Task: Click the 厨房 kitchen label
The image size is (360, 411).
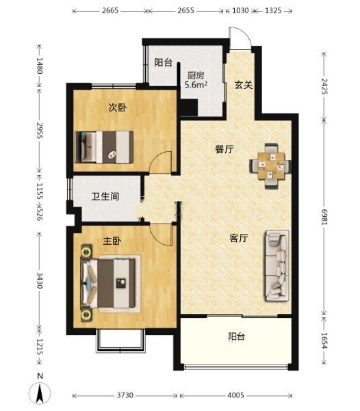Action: (196, 75)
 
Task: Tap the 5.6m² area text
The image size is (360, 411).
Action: (196, 85)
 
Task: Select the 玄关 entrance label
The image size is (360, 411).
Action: (244, 85)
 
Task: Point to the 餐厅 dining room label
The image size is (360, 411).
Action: (224, 149)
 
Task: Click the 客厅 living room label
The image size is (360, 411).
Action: (238, 238)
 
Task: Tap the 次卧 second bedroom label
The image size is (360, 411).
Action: (118, 107)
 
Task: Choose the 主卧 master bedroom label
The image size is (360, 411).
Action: (112, 241)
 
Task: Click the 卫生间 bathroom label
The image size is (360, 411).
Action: (105, 196)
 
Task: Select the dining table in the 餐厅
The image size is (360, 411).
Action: (271, 166)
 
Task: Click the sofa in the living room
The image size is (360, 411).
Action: (277, 265)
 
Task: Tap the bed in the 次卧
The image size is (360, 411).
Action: (104, 147)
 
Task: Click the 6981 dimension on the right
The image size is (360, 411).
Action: (324, 217)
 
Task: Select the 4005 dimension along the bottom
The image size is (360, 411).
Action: (235, 395)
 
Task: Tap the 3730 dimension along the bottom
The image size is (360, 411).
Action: (125, 395)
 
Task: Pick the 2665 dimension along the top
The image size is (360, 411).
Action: (110, 10)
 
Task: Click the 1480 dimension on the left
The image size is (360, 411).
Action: (40, 66)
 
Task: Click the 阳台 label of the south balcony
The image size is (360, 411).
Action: (236, 336)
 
